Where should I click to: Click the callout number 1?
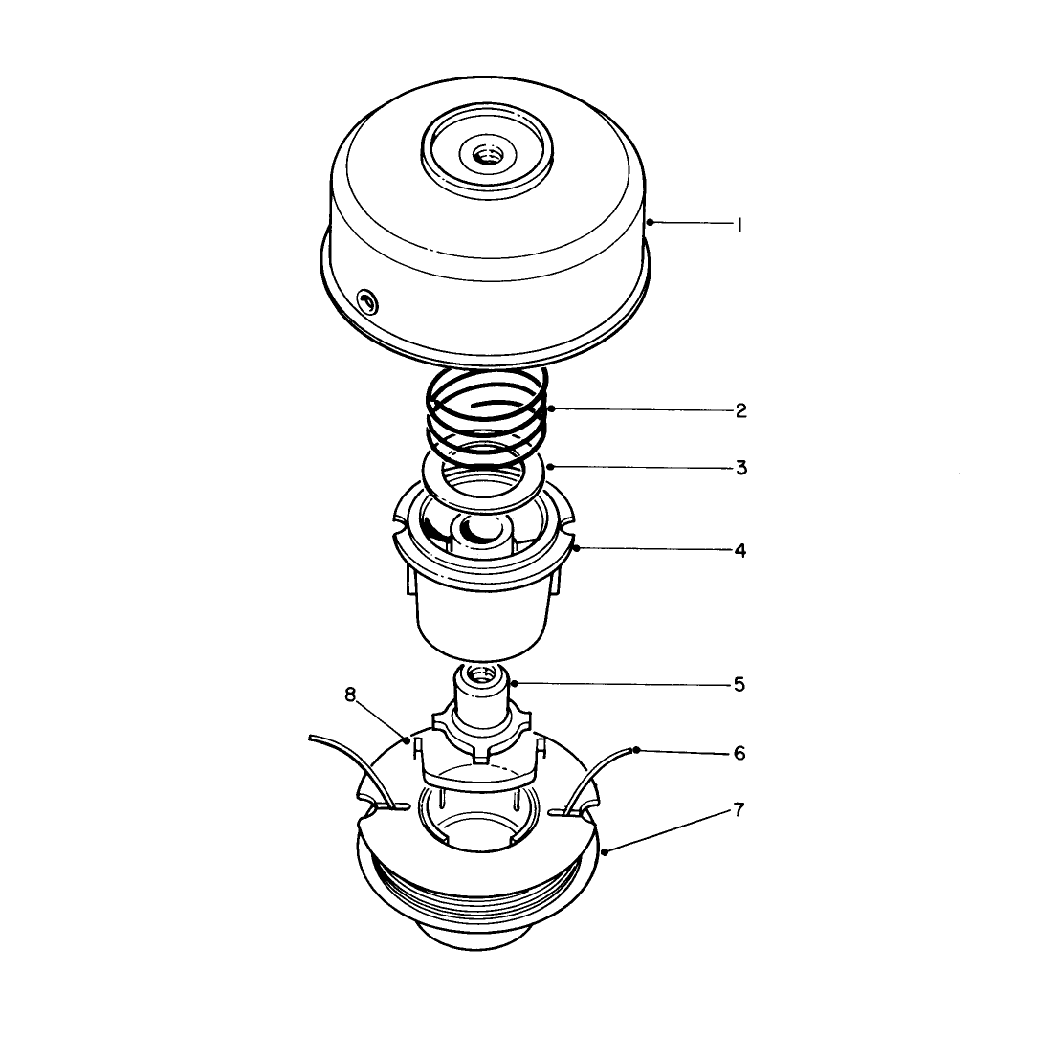click(739, 225)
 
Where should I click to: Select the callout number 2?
click(740, 410)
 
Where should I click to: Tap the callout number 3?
click(741, 468)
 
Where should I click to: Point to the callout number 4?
click(740, 550)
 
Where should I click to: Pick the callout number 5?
click(739, 685)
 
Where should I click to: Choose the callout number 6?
click(739, 752)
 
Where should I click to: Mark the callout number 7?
click(739, 809)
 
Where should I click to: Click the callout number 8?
click(350, 695)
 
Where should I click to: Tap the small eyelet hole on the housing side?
click(367, 299)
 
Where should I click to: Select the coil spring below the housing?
click(486, 413)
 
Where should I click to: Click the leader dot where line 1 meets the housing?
click(649, 222)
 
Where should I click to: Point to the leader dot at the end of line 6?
click(636, 750)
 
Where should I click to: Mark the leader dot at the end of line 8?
click(407, 740)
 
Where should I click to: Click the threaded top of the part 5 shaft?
click(481, 673)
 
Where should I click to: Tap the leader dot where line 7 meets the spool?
click(605, 852)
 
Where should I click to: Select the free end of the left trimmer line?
click(311, 739)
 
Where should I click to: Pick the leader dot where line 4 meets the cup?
click(576, 548)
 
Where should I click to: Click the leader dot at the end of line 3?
click(551, 466)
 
